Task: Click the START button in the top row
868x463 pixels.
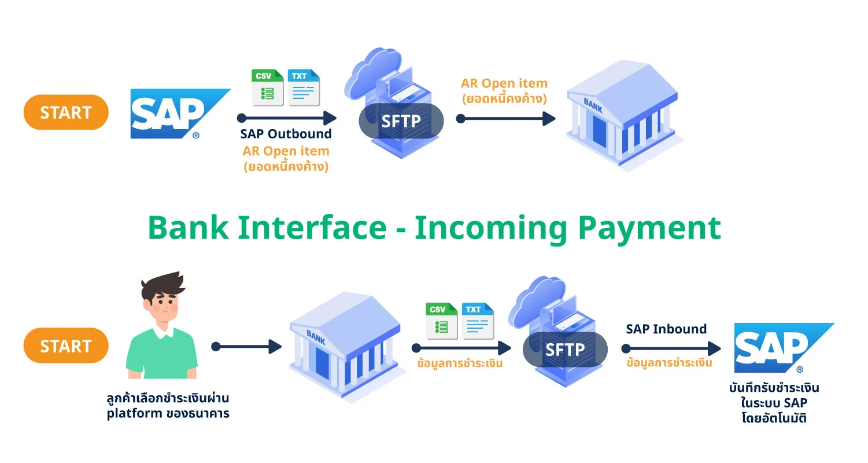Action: [66, 112]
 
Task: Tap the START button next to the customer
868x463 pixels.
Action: [66, 346]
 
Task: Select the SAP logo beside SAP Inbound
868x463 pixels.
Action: [784, 348]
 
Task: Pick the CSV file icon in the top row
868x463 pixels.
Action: [267, 87]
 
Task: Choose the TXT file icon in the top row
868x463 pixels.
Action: [304, 87]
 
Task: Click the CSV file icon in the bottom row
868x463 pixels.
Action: [442, 321]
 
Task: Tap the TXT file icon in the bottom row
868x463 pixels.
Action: [478, 321]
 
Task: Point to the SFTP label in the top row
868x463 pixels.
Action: [401, 121]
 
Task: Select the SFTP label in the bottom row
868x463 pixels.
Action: [565, 350]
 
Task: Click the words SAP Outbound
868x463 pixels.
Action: [286, 134]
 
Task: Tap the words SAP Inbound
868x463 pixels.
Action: [667, 329]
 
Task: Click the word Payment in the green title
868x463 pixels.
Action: [649, 229]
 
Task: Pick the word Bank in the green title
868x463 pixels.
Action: [189, 227]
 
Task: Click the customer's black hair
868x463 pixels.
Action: [162, 287]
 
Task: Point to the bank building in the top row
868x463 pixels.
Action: [625, 115]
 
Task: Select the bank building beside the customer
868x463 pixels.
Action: [347, 348]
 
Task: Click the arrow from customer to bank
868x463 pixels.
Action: [247, 347]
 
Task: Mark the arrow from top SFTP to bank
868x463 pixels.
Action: [506, 119]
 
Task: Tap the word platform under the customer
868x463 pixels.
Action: [135, 414]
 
